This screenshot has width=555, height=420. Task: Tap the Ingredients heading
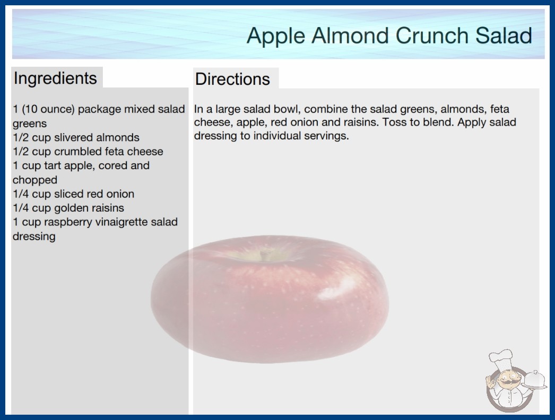click(55, 78)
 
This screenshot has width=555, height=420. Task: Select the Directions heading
click(232, 79)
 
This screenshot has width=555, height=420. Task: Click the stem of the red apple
click(264, 254)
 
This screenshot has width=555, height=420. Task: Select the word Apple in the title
click(276, 36)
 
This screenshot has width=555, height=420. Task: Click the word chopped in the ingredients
click(34, 180)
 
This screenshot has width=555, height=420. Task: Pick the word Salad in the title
click(504, 36)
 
